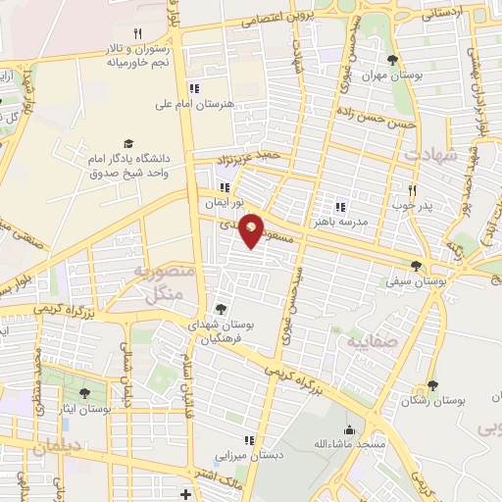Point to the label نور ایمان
(x=223, y=200)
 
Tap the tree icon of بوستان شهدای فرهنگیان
(x=220, y=310)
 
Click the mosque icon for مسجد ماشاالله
(x=350, y=429)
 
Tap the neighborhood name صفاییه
(x=364, y=343)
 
